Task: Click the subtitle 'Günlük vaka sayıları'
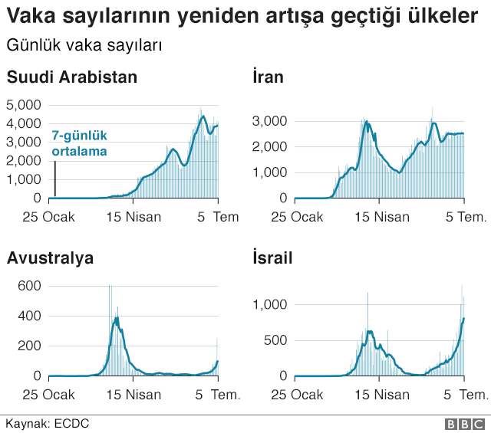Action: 84,45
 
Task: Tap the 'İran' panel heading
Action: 268,77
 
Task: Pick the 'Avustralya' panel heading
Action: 50,258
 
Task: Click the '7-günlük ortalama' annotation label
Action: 79,143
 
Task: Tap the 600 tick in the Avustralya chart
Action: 30,285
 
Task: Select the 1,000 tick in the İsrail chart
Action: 269,305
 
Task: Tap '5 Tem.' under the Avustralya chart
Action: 219,395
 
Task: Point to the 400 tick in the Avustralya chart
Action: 30,316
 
